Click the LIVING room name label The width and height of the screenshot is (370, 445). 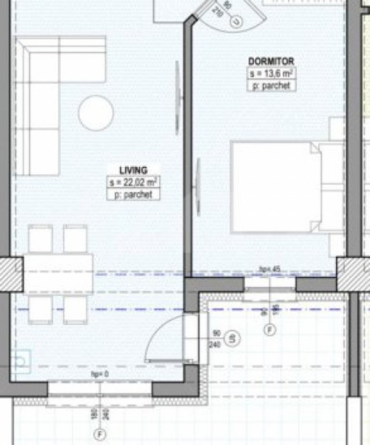tap(133, 170)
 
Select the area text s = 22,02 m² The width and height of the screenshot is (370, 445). tap(134, 183)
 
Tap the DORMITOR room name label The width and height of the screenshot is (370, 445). tap(271, 61)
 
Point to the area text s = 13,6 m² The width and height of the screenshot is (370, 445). tap(272, 74)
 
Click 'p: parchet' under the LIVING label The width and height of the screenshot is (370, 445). tap(134, 195)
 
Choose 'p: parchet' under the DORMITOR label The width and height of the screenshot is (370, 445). tap(272, 86)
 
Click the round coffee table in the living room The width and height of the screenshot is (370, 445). tap(96, 112)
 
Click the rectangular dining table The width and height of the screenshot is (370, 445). tap(58, 273)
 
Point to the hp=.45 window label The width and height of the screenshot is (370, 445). tap(270, 269)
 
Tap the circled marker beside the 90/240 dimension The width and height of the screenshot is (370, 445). tap(231, 338)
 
